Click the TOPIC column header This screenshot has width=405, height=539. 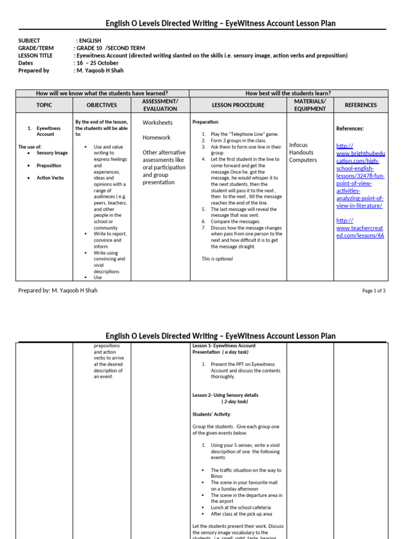tap(44, 105)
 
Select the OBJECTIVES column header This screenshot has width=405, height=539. tap(101, 105)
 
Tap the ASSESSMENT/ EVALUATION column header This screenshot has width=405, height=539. tap(160, 105)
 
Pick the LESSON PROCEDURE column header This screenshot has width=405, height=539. tap(237, 105)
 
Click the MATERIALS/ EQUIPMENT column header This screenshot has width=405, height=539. tap(310, 105)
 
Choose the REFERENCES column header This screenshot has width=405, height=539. tap(361, 105)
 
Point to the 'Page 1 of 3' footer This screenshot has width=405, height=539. tap(374, 291)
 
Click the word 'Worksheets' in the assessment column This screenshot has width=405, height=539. tap(158, 123)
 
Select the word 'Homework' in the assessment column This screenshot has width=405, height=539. tap(157, 137)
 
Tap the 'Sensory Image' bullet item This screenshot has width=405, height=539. tap(52, 153)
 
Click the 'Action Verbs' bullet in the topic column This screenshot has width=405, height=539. tap(50, 178)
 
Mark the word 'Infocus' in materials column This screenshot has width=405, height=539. tap(298, 145)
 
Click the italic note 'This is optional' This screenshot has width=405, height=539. tap(217, 259)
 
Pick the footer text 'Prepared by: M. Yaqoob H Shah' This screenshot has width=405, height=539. tap(58, 291)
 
